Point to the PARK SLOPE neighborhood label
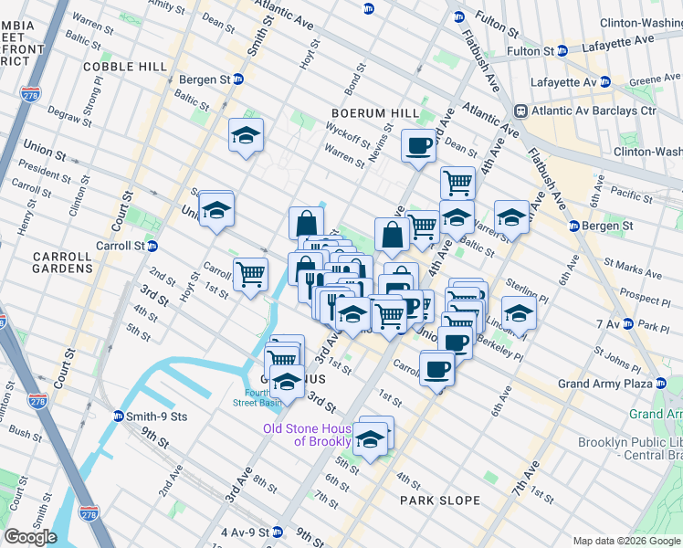[439, 501]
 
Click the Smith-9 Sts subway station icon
[119, 416]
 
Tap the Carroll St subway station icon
[153, 246]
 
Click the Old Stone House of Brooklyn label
[308, 435]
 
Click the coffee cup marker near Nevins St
[418, 145]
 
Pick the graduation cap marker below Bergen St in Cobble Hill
[246, 136]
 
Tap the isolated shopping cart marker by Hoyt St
[250, 273]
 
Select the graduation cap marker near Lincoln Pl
[519, 313]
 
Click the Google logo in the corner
[31, 536]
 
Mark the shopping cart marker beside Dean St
[457, 183]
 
